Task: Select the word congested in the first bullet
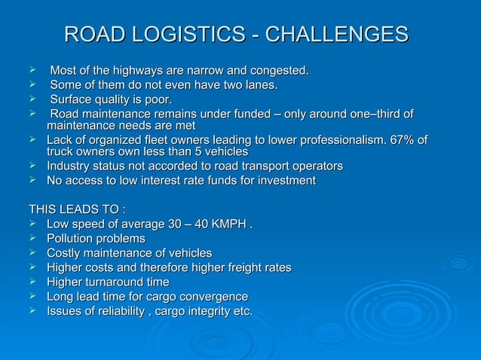coord(278,72)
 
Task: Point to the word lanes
coord(259,86)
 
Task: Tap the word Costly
coord(64,253)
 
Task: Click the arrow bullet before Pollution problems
coord(32,239)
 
